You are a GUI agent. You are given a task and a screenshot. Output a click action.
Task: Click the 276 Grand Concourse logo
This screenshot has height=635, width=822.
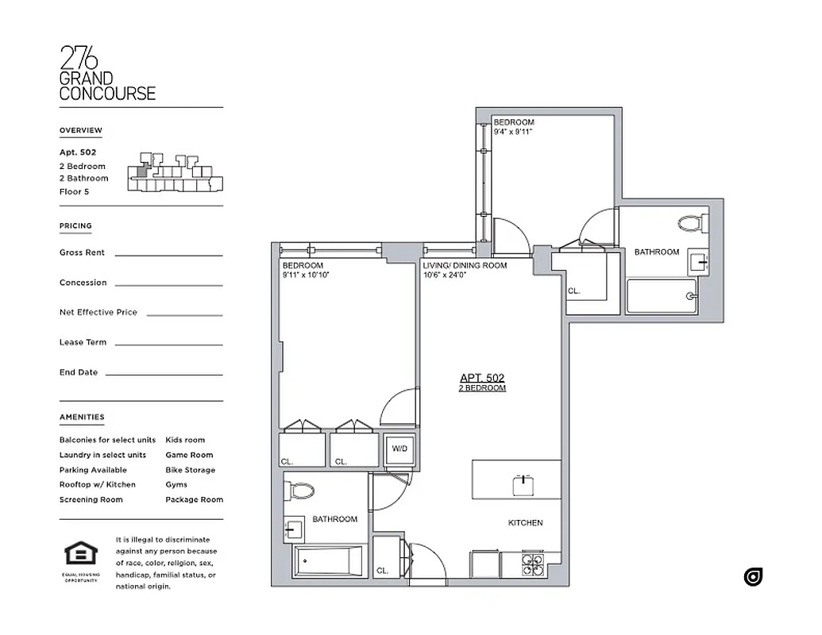(x=107, y=73)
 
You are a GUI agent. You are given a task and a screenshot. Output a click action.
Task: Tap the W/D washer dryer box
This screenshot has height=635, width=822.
(x=399, y=449)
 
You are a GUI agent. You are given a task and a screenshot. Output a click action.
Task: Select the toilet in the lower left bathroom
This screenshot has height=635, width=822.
(x=301, y=490)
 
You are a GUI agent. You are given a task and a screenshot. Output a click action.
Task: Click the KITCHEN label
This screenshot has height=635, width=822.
(x=525, y=523)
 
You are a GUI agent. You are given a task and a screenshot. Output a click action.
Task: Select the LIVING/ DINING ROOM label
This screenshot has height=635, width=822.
(x=465, y=265)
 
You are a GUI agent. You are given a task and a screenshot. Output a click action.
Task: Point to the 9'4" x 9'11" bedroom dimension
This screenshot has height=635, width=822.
(x=512, y=133)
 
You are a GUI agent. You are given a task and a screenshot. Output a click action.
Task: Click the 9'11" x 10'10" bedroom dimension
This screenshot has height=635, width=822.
(x=305, y=275)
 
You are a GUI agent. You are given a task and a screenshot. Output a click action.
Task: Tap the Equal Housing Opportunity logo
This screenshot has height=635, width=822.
(x=80, y=557)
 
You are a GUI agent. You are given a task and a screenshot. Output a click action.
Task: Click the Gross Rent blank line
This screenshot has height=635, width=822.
(x=168, y=255)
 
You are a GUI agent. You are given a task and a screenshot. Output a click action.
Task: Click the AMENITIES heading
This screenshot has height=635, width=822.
(x=82, y=418)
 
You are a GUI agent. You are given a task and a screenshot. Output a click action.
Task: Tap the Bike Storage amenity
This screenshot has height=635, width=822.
(x=190, y=470)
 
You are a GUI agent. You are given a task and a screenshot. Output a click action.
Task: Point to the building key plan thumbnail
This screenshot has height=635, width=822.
(x=174, y=172)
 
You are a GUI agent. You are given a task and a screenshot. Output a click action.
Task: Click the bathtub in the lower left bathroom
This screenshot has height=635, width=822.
(x=329, y=562)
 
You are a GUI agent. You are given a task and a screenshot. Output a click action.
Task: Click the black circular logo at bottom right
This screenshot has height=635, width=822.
(x=753, y=577)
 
